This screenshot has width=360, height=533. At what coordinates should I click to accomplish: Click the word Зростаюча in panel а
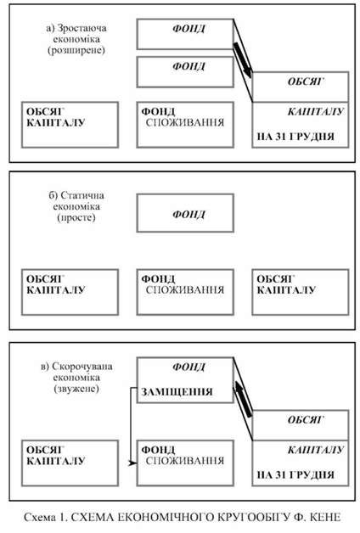[x=82, y=28]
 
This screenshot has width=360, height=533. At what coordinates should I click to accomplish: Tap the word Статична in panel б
[x=82, y=195]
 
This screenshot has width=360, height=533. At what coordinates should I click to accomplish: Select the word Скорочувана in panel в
[x=82, y=367]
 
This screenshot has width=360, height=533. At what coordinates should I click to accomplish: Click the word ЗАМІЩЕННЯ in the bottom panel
[x=177, y=391]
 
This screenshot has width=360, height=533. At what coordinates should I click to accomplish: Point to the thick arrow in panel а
[x=243, y=60]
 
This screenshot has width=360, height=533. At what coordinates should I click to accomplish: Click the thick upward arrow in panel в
[x=243, y=399]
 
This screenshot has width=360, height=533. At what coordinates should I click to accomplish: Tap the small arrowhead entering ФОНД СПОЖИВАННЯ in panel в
[x=132, y=463]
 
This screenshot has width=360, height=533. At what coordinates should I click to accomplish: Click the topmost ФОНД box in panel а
[x=185, y=34]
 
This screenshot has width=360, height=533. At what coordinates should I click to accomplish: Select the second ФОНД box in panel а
[x=185, y=72]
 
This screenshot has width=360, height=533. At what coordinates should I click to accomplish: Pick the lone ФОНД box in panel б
[x=185, y=213]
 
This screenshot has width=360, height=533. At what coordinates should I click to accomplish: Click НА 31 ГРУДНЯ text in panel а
[x=295, y=137]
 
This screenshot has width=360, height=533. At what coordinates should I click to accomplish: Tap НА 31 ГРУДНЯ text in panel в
[x=295, y=475]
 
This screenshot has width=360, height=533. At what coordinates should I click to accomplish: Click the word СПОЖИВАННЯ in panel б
[x=185, y=290]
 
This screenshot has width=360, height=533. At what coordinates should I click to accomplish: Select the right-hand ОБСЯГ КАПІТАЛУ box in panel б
[x=301, y=292]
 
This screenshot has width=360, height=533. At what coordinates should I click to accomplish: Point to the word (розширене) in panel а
[x=76, y=50]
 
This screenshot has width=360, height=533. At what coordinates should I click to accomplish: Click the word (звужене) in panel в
[x=76, y=388]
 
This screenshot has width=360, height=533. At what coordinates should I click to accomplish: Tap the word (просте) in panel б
[x=76, y=217]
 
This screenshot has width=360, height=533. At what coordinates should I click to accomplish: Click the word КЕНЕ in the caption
[x=325, y=517]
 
